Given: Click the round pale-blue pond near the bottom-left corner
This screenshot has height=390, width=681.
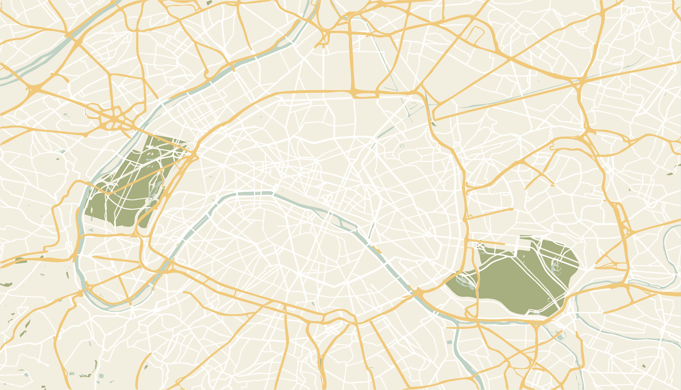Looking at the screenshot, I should pyautogui.click(x=101, y=376).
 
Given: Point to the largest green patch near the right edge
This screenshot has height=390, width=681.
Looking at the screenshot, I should pyautogui.click(x=670, y=174).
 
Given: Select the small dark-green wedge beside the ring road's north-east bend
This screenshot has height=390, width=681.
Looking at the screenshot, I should pyautogui.click(x=433, y=123).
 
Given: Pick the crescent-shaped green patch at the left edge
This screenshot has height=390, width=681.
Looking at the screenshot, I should pyautogui.click(x=6, y=285).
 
